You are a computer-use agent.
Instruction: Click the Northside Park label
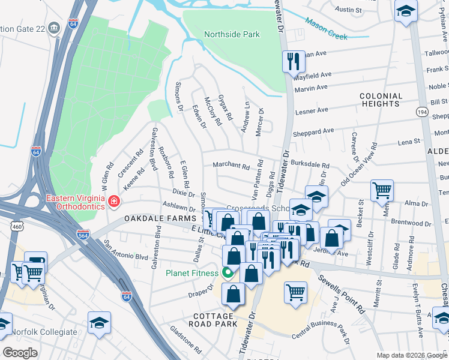(232, 34)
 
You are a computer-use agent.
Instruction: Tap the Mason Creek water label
(326, 29)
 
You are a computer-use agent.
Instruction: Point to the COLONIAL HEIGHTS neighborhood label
(381, 100)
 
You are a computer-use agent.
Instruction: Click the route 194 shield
(422, 112)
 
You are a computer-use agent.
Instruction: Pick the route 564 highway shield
(83, 235)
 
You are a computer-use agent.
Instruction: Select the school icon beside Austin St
(406, 11)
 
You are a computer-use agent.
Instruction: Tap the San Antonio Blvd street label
(125, 250)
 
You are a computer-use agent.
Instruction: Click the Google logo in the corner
(20, 353)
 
